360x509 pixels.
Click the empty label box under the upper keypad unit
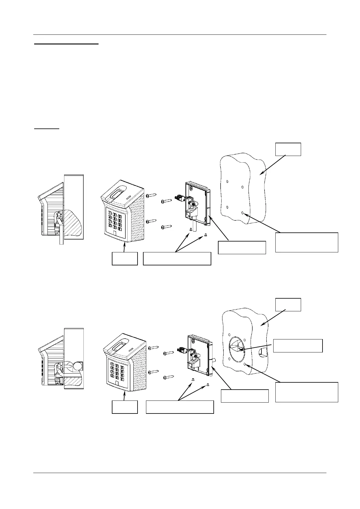pyautogui.click(x=125, y=259)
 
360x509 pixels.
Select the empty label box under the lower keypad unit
pyautogui.click(x=125, y=407)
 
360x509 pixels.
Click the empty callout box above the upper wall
pyautogui.click(x=288, y=149)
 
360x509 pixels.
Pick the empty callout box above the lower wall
pyautogui.click(x=288, y=305)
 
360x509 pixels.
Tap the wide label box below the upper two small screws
pyautogui.click(x=177, y=259)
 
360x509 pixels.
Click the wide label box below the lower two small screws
pyautogui.click(x=180, y=407)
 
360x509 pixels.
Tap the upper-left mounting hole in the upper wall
pyautogui.click(x=227, y=182)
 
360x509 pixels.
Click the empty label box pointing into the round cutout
pyautogui.click(x=298, y=346)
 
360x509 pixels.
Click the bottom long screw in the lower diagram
pyautogui.click(x=169, y=377)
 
